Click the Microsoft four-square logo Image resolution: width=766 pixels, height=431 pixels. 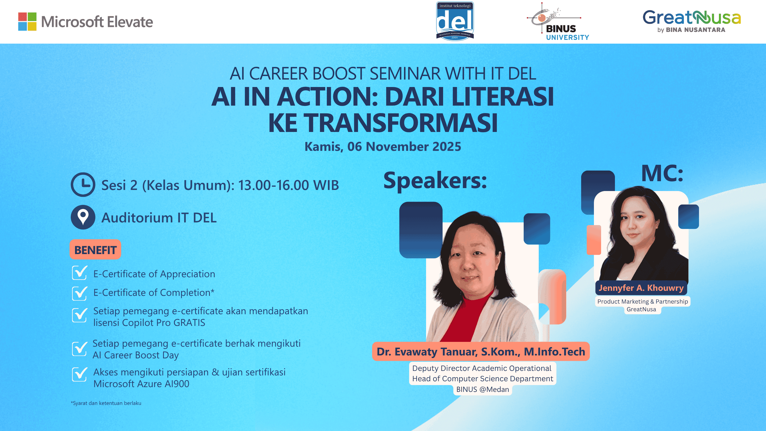pyautogui.click(x=27, y=21)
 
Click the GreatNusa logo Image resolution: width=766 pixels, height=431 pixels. pyautogui.click(x=691, y=21)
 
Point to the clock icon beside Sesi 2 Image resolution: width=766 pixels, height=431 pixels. pyautogui.click(x=83, y=184)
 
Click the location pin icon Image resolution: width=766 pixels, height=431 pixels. pyautogui.click(x=83, y=217)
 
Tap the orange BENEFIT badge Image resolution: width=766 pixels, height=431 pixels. pyautogui.click(x=95, y=250)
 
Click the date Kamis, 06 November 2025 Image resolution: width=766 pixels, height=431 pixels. pyautogui.click(x=383, y=147)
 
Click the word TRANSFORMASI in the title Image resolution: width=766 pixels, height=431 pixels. pyautogui.click(x=400, y=123)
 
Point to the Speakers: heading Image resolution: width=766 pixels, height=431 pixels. pyautogui.click(x=435, y=181)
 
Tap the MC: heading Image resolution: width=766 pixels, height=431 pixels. pyautogui.click(x=662, y=173)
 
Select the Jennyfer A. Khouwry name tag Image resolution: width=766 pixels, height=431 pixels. pyautogui.click(x=641, y=288)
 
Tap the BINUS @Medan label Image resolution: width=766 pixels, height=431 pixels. pyautogui.click(x=482, y=389)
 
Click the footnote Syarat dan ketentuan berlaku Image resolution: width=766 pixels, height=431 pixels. pyautogui.click(x=106, y=403)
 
